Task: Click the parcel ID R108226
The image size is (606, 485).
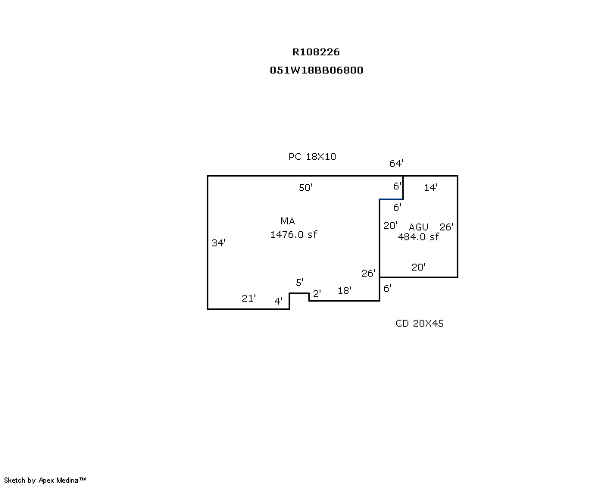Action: [x=316, y=52]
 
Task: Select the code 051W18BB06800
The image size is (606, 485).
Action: [x=316, y=70]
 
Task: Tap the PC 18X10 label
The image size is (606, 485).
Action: [x=312, y=157]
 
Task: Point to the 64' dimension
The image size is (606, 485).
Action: [x=396, y=163]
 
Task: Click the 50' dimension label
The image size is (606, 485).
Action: [x=306, y=188]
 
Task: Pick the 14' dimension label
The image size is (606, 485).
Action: [x=430, y=188]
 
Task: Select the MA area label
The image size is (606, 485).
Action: [x=288, y=221]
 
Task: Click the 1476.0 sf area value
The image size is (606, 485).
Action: [x=293, y=234]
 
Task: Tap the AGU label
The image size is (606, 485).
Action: [x=418, y=227]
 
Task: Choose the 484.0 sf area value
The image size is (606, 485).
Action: [x=418, y=236]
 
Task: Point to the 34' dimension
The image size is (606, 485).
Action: [x=218, y=243]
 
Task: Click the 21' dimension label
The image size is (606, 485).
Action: [x=248, y=298]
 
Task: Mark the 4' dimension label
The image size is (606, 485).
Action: [x=278, y=301]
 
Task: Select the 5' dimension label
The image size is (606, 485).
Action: [x=299, y=283]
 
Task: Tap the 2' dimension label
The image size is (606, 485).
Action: [x=317, y=293]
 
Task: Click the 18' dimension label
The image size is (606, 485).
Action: [x=345, y=290]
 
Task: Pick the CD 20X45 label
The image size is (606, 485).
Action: [x=420, y=324]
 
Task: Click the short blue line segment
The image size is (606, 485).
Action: [x=391, y=199]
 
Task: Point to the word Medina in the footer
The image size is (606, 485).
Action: [x=67, y=480]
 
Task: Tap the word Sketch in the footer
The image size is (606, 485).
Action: [x=14, y=480]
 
